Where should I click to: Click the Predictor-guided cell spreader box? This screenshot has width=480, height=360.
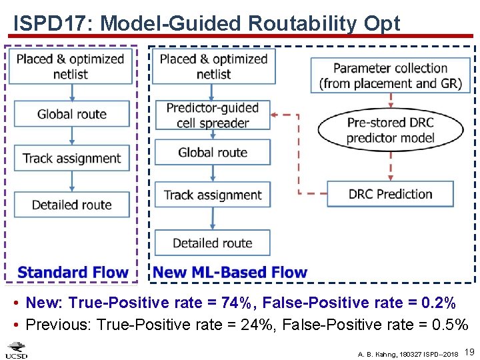(213, 115)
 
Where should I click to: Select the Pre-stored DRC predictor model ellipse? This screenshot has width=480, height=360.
(390, 131)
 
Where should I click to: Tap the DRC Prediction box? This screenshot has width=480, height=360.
(390, 194)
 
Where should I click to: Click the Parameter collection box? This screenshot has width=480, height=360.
(390, 75)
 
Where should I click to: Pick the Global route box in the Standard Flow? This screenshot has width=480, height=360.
(71, 114)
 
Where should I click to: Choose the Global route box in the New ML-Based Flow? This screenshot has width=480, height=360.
(213, 153)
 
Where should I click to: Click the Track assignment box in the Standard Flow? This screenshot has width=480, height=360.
(71, 159)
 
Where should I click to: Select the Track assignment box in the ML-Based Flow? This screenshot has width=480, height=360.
(213, 195)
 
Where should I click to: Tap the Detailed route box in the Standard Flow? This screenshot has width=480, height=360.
(71, 205)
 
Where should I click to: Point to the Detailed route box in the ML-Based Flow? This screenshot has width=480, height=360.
(213, 243)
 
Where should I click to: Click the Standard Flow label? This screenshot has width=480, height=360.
(73, 272)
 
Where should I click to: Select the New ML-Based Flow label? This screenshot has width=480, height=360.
(230, 272)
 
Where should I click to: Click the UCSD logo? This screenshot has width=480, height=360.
(17, 349)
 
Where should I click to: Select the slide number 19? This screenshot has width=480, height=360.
(469, 351)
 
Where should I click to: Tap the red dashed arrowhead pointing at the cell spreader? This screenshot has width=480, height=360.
(276, 115)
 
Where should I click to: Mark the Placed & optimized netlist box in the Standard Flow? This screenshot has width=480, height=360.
(71, 66)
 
